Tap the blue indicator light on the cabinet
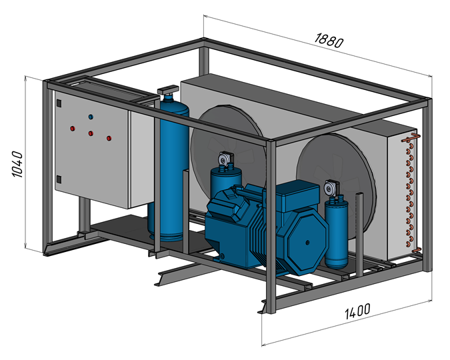click(91, 117)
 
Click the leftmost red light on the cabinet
click(71, 127)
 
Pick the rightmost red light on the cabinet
click(108, 138)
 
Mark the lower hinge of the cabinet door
click(59, 178)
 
